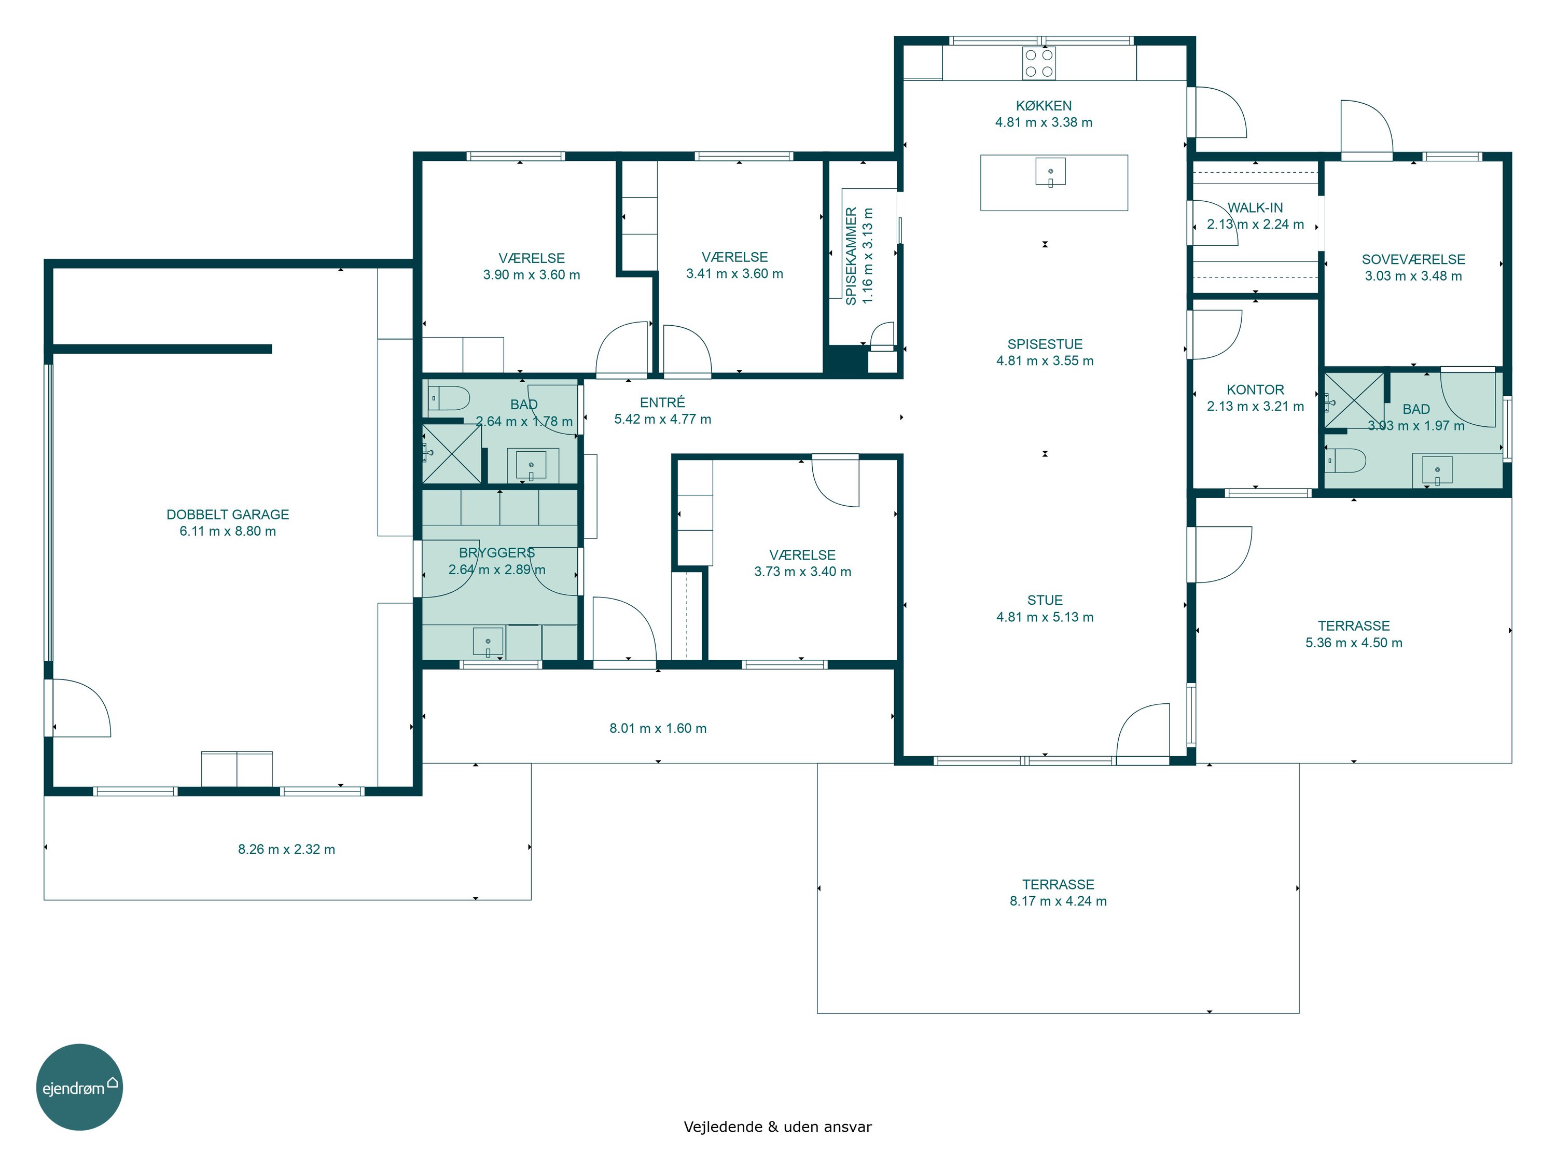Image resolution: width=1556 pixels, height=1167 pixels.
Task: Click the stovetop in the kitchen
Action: point(1039,63)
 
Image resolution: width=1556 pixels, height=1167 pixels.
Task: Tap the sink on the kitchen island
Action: point(1050,172)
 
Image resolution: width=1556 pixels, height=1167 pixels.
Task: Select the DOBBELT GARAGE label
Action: point(228,514)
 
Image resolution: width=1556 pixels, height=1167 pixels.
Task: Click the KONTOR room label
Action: point(1255,390)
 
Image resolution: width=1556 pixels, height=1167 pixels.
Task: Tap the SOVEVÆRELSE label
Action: point(1413,259)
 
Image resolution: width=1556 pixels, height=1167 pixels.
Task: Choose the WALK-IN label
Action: point(1255,207)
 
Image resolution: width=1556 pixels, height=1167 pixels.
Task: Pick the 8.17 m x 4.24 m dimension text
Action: point(1058,901)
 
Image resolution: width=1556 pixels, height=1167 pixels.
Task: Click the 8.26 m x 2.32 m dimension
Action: point(286,849)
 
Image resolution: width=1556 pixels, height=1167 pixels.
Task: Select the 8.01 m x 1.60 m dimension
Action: point(658,728)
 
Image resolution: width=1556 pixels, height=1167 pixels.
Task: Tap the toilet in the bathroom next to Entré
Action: point(448,398)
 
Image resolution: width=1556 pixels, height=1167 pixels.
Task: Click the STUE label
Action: point(1045,600)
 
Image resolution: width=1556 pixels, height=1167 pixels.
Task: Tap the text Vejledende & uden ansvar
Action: point(777,1127)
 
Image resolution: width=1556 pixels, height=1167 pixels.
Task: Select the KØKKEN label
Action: point(1044,105)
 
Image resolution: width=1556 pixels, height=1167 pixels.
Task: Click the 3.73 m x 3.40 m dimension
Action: point(802,572)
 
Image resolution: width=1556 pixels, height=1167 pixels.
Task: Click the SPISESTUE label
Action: point(1045,344)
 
